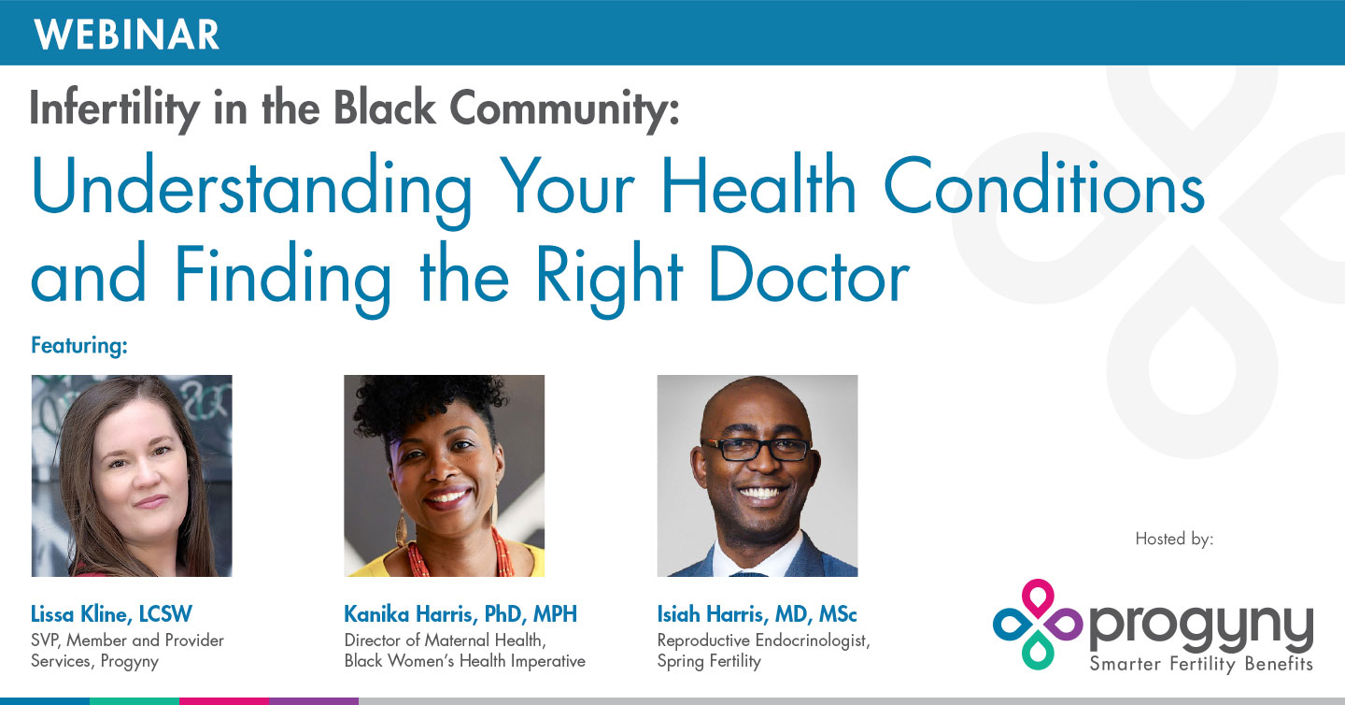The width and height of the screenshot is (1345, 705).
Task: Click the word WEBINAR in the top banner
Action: click(127, 34)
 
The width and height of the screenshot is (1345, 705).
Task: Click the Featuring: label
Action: click(78, 346)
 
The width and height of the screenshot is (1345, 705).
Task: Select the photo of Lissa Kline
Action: click(132, 476)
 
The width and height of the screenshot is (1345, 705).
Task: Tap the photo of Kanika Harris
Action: click(444, 476)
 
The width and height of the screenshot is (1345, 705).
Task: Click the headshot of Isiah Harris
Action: click(757, 476)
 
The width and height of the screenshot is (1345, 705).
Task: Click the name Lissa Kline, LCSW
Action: click(111, 614)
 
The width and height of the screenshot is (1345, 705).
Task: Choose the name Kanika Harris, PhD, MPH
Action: click(460, 614)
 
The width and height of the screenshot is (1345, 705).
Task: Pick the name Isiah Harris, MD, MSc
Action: click(757, 614)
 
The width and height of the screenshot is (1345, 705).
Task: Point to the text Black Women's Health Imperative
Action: click(464, 661)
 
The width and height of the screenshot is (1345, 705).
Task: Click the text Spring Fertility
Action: click(709, 661)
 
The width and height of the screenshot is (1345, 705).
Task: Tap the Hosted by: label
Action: click(1174, 539)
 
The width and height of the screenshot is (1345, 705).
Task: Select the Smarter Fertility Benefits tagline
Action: click(1200, 665)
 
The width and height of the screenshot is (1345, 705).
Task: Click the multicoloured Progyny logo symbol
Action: click(1037, 624)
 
